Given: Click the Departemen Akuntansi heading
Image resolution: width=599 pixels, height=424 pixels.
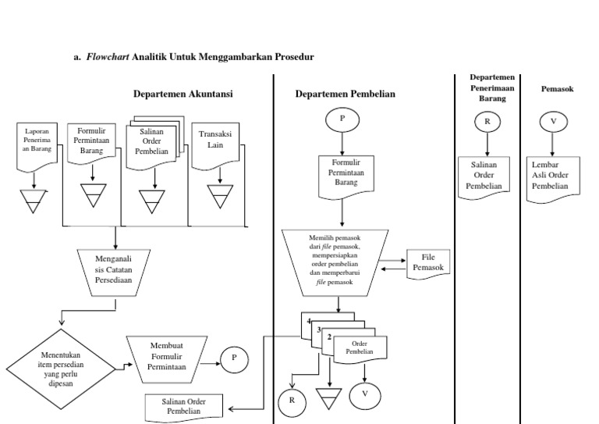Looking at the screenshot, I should pyautogui.click(x=183, y=94).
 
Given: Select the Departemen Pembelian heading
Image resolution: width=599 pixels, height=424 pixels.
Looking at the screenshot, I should pyautogui.click(x=346, y=94).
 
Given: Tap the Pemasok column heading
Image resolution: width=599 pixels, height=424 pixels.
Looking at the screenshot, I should pyautogui.click(x=557, y=89).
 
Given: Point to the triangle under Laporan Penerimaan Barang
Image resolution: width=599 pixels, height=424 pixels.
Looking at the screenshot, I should pyautogui.click(x=34, y=201).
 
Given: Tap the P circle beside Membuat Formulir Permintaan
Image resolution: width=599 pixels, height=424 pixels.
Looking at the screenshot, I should pyautogui.click(x=232, y=358).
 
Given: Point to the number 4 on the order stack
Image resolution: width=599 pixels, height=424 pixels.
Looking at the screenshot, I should pyautogui.click(x=309, y=322).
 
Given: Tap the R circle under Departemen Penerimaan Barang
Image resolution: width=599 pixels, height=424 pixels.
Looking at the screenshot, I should pyautogui.click(x=487, y=122).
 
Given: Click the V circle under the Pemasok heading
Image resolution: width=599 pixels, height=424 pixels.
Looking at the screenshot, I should pyautogui.click(x=553, y=122).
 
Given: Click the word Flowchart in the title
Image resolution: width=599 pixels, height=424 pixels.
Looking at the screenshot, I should pyautogui.click(x=108, y=57).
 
